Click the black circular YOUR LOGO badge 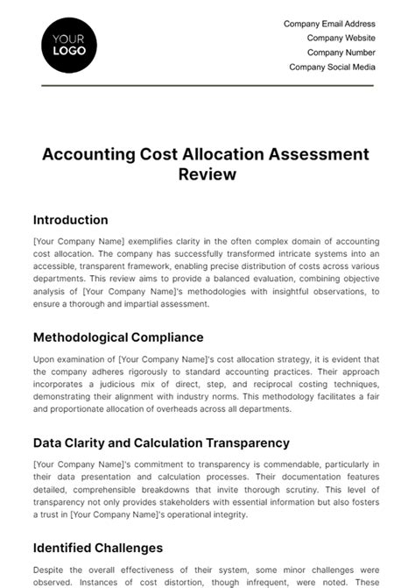pos(69,44)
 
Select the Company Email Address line pos(329,25)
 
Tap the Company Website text pos(341,39)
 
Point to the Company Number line pos(341,53)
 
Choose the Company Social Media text pos(332,67)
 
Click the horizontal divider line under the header pos(207,86)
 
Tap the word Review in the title pos(207,174)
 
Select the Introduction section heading pos(70,220)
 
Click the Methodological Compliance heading pos(117,337)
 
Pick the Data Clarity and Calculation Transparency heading pos(161,443)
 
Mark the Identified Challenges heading pos(97,548)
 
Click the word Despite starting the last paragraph pos(48,570)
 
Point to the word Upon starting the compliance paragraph pos(44,359)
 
